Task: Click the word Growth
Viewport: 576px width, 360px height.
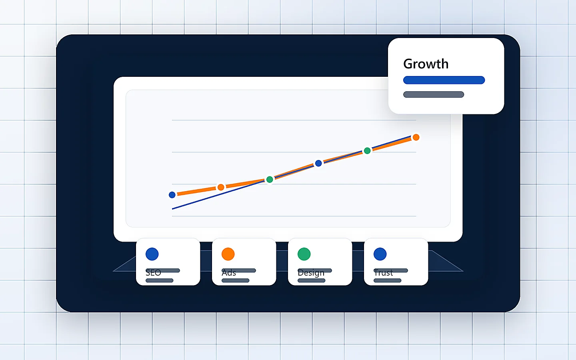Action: [426, 64]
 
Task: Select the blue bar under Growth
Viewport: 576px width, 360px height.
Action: [444, 80]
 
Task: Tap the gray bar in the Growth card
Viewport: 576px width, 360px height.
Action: [434, 94]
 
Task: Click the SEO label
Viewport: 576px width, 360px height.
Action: [153, 273]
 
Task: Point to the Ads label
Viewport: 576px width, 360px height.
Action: [229, 273]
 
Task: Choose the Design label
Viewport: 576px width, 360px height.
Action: [311, 273]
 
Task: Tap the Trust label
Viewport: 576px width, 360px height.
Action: [384, 273]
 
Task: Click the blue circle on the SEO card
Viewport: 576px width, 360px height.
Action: [152, 254]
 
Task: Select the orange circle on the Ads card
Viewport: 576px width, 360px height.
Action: [228, 254]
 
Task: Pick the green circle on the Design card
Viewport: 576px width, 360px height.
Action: [304, 254]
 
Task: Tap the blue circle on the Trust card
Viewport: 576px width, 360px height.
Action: [380, 254]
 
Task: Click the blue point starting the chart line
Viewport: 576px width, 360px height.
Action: [172, 195]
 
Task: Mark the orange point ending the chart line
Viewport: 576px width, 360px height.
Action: [416, 137]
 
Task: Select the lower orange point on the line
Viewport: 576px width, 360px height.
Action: [221, 187]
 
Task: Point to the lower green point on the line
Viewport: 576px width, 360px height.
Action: [270, 179]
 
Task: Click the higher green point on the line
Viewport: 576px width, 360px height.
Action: [367, 151]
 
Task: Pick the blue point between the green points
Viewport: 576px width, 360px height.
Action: [318, 163]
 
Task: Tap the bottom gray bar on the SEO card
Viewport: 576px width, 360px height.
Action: [159, 280]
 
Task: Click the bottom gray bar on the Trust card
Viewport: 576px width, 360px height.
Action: [387, 280]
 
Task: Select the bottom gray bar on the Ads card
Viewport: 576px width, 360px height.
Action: [235, 280]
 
